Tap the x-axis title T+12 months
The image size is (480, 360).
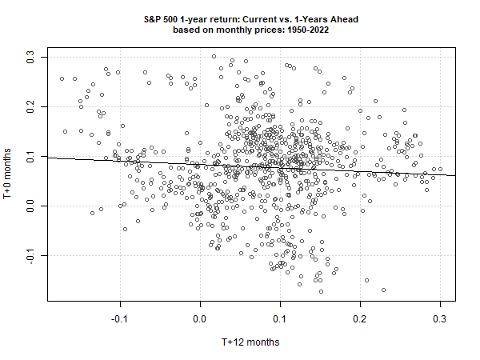click(252, 342)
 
